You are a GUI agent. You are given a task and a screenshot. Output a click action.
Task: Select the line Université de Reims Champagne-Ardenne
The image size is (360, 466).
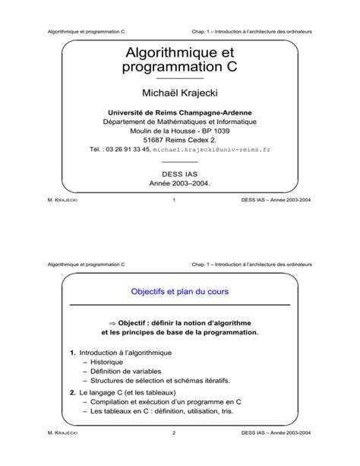click(179, 113)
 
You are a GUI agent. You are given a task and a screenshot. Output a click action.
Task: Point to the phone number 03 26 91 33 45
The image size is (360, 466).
click(131, 150)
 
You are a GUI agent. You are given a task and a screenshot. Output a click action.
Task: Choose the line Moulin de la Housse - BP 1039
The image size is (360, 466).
click(179, 132)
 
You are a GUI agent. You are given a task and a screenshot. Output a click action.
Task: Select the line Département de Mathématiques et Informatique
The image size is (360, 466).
click(179, 122)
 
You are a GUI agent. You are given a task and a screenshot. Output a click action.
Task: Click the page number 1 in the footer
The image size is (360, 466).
click(175, 199)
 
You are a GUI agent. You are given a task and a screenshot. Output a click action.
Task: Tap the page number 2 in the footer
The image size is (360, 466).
click(175, 433)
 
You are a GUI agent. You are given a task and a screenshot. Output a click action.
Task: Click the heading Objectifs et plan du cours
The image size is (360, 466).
click(179, 292)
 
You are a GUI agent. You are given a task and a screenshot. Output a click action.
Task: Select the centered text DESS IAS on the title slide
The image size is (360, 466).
click(179, 173)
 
